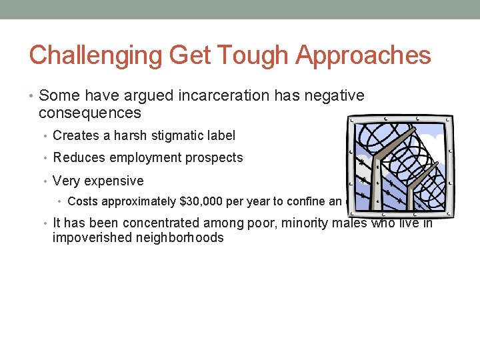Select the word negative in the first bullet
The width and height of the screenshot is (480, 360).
pyautogui.click(x=336, y=96)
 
